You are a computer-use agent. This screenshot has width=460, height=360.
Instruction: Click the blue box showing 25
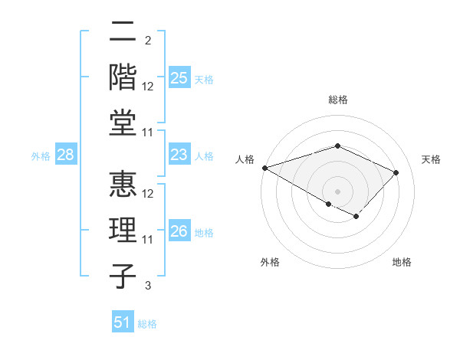click(x=179, y=77)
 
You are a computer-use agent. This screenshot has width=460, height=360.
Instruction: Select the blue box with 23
click(x=179, y=155)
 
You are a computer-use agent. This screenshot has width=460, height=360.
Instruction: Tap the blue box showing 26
click(x=179, y=232)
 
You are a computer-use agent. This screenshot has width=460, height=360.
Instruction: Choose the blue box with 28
click(x=65, y=155)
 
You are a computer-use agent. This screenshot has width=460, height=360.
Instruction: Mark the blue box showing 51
click(x=123, y=323)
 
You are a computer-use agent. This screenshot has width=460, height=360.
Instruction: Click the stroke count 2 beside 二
click(x=147, y=40)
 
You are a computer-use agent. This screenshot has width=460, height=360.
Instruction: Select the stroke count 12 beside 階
click(x=148, y=86)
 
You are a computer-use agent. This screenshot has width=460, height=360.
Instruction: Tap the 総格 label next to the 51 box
click(x=147, y=324)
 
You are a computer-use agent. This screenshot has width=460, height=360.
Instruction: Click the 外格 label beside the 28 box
click(x=41, y=156)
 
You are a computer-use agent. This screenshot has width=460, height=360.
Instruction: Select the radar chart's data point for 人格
click(x=264, y=168)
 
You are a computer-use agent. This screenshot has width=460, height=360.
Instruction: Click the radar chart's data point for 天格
click(x=396, y=172)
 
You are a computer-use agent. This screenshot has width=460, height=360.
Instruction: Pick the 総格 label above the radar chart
click(x=337, y=100)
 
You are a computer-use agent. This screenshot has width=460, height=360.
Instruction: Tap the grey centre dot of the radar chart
click(x=337, y=191)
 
